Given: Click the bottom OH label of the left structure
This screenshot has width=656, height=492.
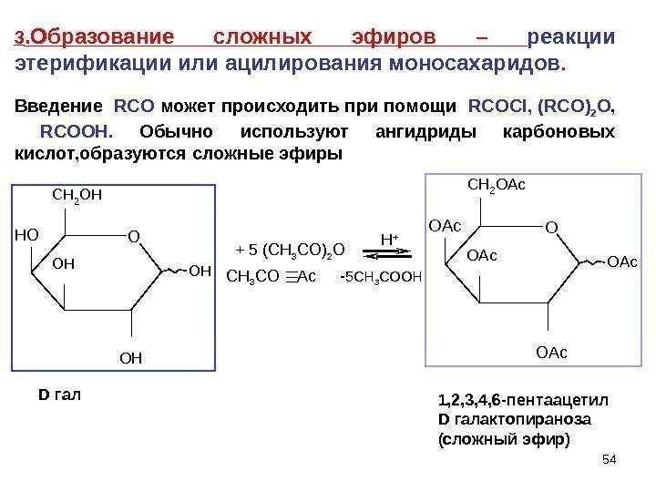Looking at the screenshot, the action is pyautogui.click(x=132, y=358).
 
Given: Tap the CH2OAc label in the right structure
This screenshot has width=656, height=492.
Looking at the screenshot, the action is pyautogui.click(x=497, y=186).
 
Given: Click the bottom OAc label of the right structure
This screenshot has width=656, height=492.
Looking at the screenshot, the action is pyautogui.click(x=552, y=351).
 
